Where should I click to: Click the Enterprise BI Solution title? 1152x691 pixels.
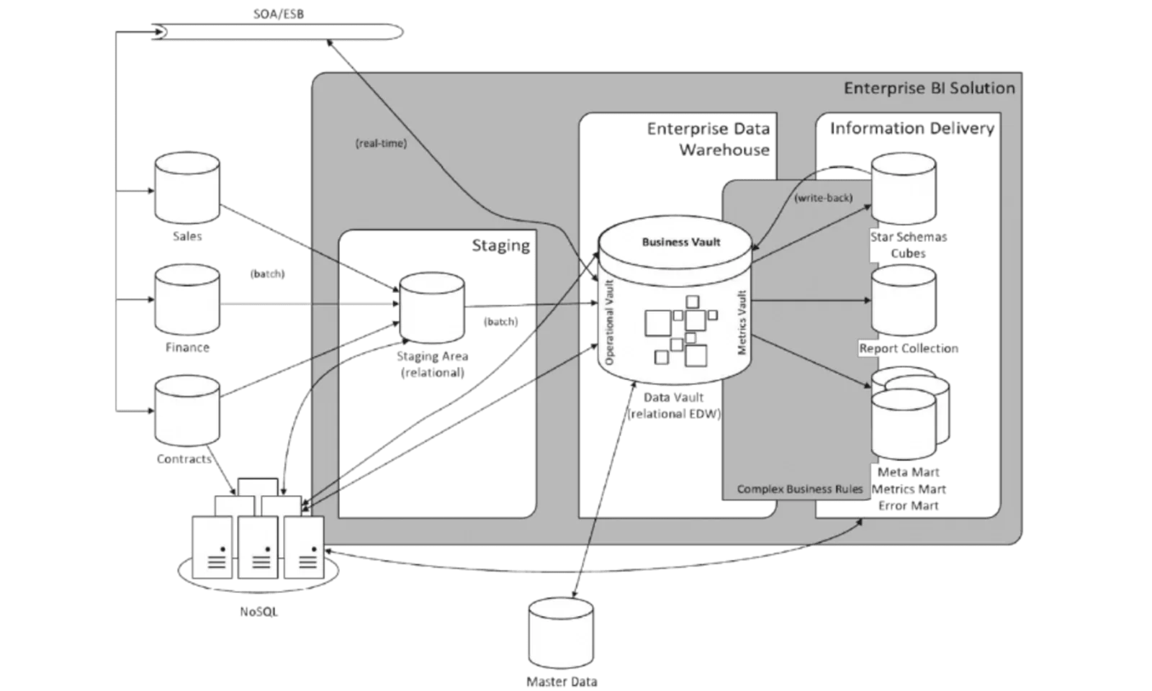929,89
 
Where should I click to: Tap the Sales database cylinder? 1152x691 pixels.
187,189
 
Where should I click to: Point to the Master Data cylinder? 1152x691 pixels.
561,633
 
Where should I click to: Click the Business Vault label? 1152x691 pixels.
680,242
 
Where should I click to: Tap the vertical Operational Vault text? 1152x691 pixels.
610,322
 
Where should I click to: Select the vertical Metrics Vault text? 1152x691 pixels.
742,322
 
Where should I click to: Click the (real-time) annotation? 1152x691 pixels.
381,143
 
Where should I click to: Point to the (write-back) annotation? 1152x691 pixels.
823,197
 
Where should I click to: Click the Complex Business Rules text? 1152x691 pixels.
799,489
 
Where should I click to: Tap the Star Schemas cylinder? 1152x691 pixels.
904,189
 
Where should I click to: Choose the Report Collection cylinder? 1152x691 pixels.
904,300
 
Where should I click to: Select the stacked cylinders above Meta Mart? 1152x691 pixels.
909,413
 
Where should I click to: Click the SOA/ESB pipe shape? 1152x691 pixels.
277,33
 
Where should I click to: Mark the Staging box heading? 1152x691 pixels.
501,245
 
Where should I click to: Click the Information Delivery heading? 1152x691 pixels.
912,129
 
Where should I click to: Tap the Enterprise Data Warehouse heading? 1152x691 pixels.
709,140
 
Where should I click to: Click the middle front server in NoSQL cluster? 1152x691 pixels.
258,547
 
